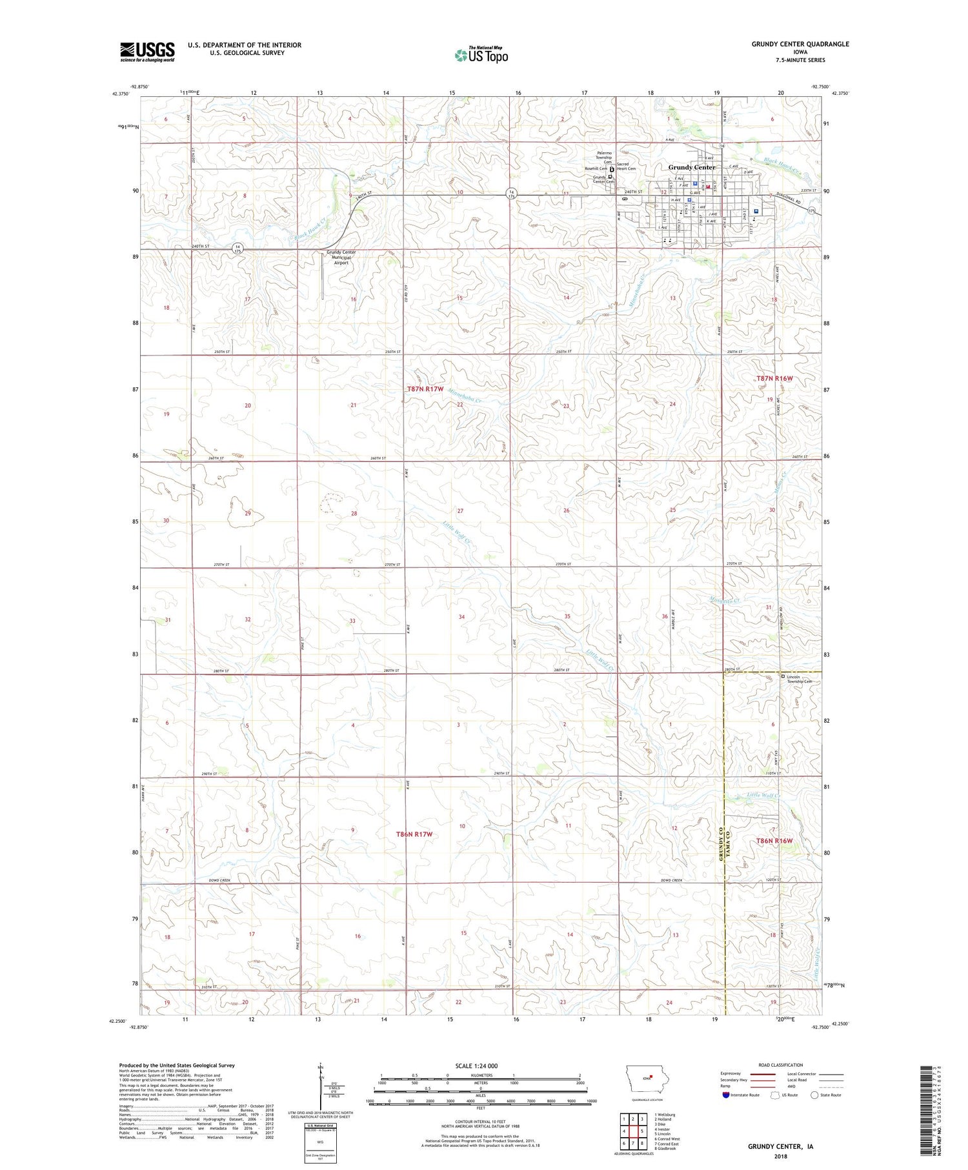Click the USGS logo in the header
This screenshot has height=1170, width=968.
coord(147,51)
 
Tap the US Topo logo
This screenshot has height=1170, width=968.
coord(481,55)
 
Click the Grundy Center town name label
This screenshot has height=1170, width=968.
coord(691,167)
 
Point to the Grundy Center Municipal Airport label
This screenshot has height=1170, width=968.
coord(341,257)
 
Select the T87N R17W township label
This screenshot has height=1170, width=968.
coord(425,389)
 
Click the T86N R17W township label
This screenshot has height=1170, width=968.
coord(414,834)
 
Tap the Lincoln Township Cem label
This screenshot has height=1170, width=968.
coord(799,679)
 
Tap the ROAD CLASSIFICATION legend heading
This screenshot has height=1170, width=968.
coord(781,1065)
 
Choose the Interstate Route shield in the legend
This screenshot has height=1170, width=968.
coord(727,1095)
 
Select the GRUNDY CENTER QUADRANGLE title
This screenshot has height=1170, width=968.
coord(800,44)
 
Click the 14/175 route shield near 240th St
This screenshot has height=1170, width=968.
coord(237,248)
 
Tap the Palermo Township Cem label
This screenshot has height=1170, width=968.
coord(603,157)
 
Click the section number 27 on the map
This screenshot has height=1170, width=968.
coord(460,510)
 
